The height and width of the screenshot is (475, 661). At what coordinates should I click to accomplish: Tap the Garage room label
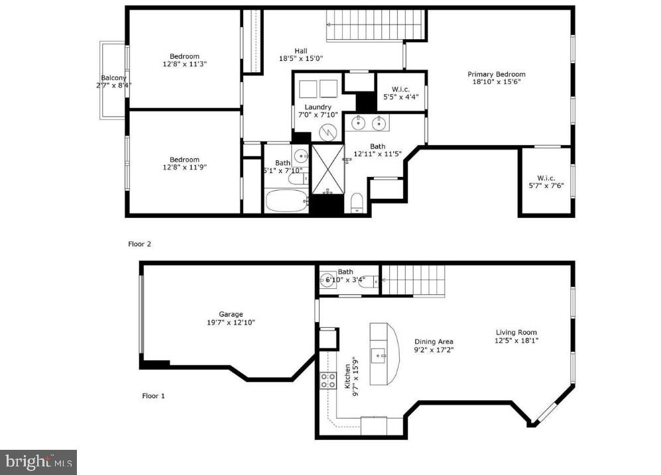231,314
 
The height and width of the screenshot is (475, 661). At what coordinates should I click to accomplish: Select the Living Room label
516,333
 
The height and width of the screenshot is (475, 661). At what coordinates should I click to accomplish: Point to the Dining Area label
434,342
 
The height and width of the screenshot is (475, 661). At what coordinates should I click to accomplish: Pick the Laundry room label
318,107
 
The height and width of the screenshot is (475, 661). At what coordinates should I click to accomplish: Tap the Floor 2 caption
140,244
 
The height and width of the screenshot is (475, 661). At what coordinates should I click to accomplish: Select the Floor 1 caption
153,396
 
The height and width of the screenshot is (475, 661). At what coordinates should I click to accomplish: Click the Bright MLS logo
39,461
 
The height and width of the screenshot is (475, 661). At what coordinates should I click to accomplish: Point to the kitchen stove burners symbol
328,380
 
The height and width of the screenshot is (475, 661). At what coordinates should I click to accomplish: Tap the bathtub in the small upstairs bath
286,200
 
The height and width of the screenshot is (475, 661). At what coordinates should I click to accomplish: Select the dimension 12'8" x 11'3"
184,64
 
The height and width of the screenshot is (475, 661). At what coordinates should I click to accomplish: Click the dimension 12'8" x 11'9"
184,168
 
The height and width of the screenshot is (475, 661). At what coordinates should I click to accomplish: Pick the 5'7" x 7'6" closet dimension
546,185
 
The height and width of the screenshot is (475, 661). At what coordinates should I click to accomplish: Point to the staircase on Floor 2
375,25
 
